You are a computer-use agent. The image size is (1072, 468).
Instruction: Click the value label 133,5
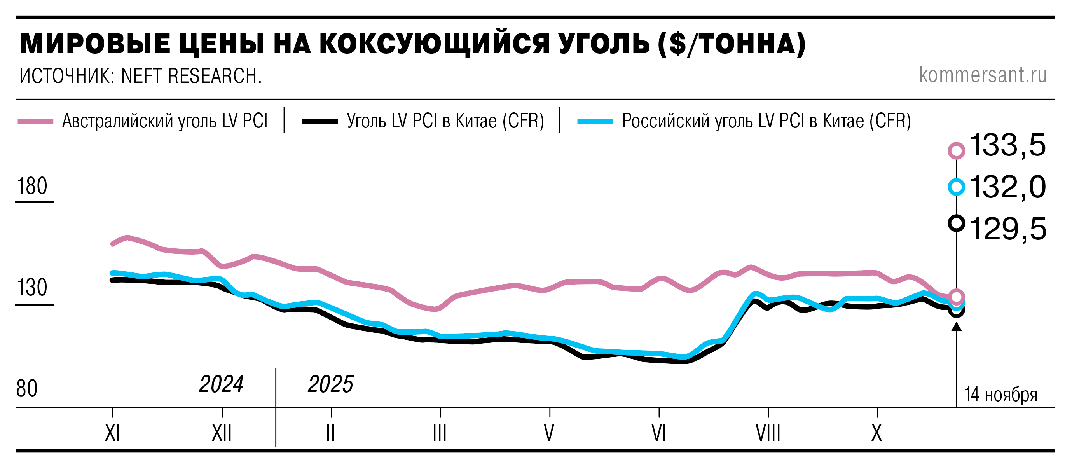click(x=1007, y=146)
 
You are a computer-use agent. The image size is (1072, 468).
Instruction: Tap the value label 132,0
click(x=1007, y=187)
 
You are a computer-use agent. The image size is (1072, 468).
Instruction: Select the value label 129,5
click(x=1007, y=229)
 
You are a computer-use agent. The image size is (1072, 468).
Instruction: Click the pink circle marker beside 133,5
click(x=956, y=150)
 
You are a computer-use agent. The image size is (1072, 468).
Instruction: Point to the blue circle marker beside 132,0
click(x=956, y=187)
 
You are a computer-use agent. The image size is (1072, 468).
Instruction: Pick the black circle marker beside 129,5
click(x=956, y=224)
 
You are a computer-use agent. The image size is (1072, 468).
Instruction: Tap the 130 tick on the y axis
click(x=32, y=288)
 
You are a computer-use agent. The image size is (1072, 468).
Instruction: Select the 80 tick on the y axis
click(x=27, y=389)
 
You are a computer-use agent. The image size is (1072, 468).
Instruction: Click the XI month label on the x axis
click(x=112, y=433)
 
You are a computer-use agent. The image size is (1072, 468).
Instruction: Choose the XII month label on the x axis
click(x=222, y=433)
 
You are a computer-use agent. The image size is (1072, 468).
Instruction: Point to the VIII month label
click(x=768, y=433)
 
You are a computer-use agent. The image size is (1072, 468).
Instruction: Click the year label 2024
click(x=221, y=384)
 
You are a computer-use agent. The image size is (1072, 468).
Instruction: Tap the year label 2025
click(x=330, y=384)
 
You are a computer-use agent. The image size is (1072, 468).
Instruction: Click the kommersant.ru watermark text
click(x=983, y=75)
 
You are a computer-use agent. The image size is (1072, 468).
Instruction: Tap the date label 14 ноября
click(x=1001, y=395)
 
